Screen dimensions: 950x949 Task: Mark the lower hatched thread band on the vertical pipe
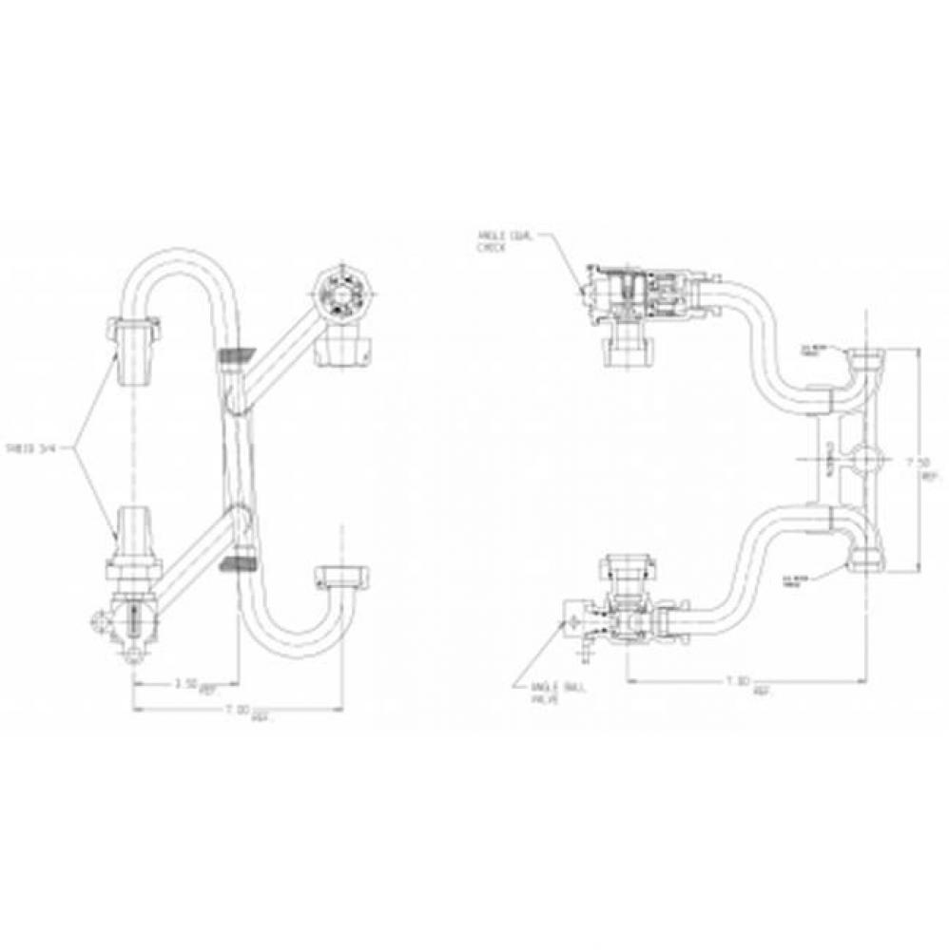pos(240,564)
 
